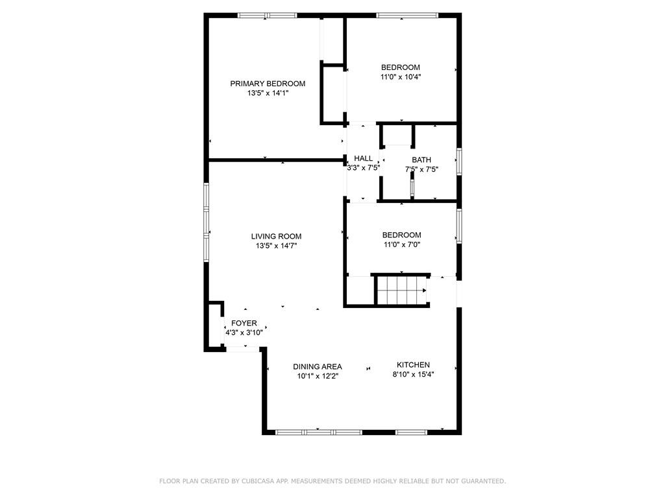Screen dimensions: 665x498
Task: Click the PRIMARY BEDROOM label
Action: click(x=268, y=84)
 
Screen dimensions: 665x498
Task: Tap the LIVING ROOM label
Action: click(x=276, y=237)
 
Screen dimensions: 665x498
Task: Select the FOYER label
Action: click(x=244, y=324)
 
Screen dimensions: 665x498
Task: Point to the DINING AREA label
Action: click(x=317, y=367)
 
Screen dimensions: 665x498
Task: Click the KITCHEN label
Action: click(x=413, y=365)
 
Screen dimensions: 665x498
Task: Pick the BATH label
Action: click(x=421, y=160)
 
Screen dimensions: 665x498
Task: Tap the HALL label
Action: click(x=364, y=158)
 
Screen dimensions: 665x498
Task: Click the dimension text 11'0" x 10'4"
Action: click(x=400, y=77)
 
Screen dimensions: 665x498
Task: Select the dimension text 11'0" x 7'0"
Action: click(x=401, y=244)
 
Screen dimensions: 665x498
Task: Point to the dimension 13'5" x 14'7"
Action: click(x=276, y=246)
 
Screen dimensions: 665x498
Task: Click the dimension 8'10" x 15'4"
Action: click(x=413, y=374)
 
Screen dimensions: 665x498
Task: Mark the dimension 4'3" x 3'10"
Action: click(x=244, y=333)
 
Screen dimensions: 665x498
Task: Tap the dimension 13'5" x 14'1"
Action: click(x=268, y=93)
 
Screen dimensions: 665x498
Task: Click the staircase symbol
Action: click(x=402, y=290)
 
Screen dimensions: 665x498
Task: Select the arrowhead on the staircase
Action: click(x=425, y=290)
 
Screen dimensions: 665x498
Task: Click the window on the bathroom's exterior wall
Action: click(x=459, y=161)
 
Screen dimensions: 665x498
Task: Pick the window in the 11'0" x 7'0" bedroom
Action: click(x=459, y=226)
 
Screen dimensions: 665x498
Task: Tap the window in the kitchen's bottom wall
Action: click(x=411, y=433)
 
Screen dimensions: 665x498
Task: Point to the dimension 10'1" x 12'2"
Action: click(x=317, y=376)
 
